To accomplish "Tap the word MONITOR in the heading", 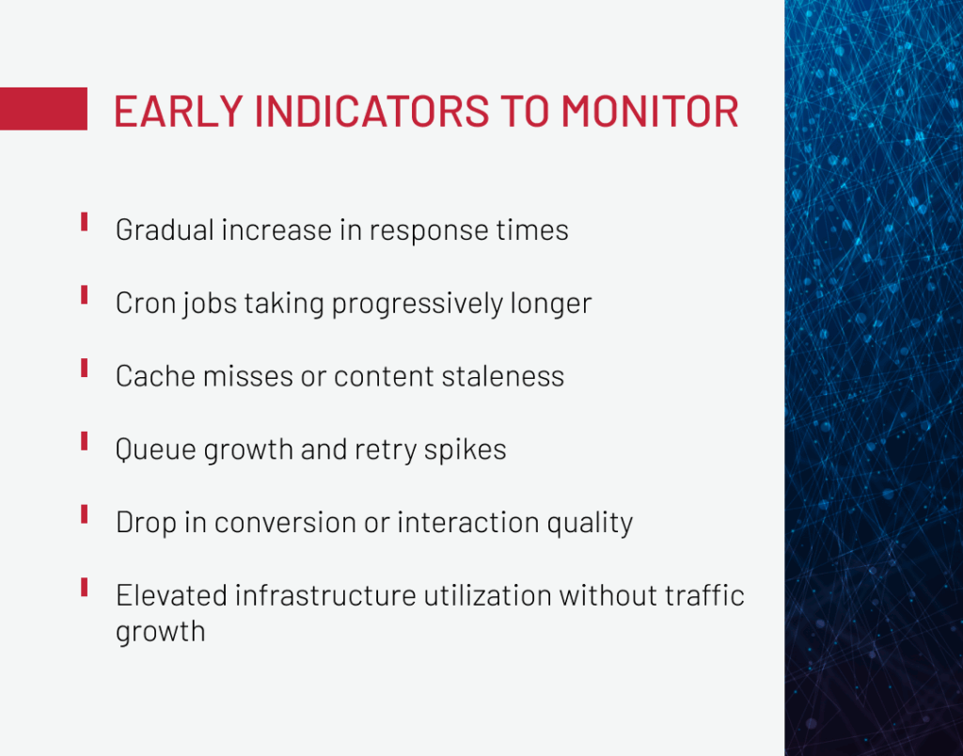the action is point(650,111).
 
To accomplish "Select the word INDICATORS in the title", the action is point(371,111).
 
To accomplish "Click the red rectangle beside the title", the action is point(43,109).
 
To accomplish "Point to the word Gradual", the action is point(165,229).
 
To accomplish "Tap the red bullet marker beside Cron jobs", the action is point(84,295).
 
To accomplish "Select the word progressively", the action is point(417,304).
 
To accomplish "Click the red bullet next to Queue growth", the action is point(84,441).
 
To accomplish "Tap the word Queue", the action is point(156,449).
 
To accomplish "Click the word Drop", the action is point(146,523).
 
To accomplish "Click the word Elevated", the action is point(171,595).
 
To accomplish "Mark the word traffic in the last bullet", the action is point(704,595).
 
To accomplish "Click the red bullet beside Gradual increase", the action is point(84,222).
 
